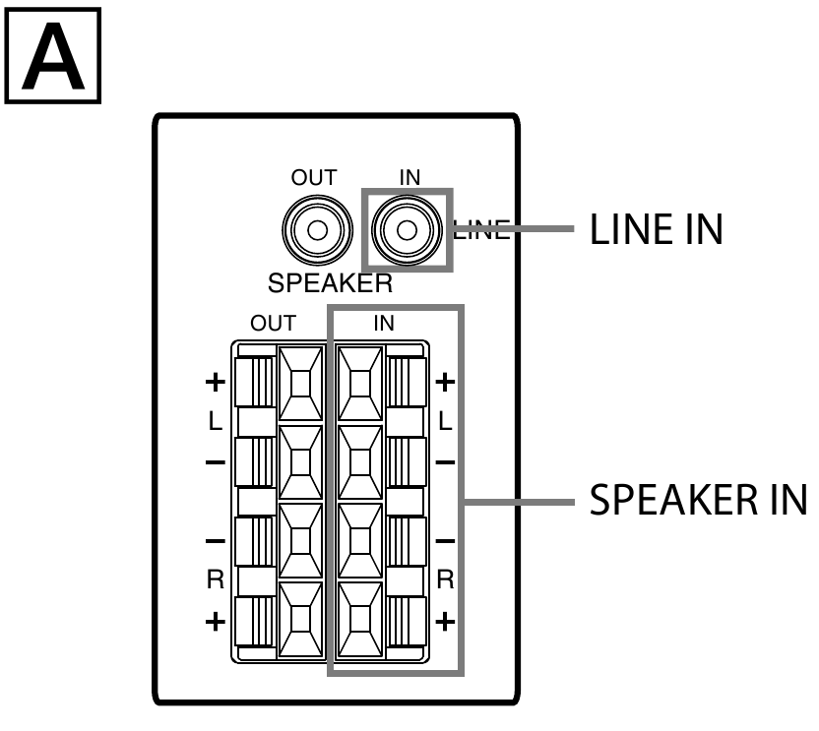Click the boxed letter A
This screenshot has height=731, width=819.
54,55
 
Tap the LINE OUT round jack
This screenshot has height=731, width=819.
316,230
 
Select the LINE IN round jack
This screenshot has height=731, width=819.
405,230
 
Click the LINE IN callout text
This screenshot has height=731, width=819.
656,230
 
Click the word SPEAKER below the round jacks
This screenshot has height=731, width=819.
331,286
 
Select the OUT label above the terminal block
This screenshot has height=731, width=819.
273,324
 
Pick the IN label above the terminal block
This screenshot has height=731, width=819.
385,324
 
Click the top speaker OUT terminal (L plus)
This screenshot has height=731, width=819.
299,381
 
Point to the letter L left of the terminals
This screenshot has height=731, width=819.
216,421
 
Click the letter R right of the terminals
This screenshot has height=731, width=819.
445,580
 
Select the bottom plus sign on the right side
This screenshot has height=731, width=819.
445,621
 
